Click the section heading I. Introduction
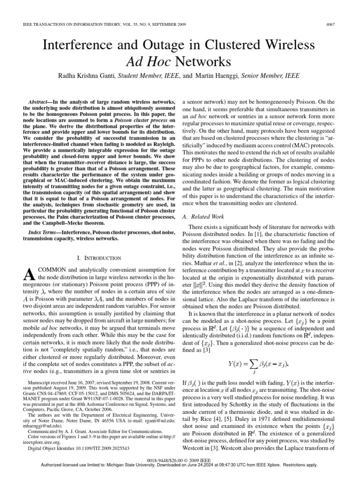[98, 258]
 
